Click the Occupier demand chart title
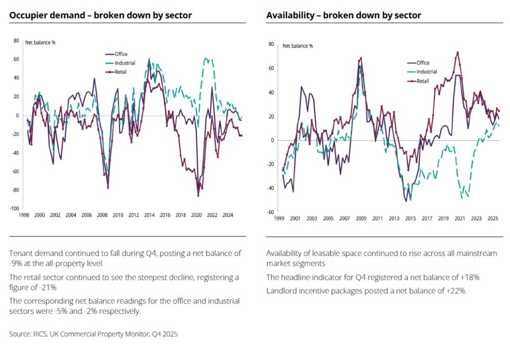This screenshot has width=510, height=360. tap(100, 15)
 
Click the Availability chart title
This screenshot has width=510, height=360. tap(344, 15)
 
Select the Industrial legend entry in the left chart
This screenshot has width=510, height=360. tap(125, 63)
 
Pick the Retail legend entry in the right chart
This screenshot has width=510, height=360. tap(422, 81)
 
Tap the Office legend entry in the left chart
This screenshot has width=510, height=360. tap(121, 54)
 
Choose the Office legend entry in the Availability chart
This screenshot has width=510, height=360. tap(423, 63)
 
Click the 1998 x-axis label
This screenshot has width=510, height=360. tap(24, 216)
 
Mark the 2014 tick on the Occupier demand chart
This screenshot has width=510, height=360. tap(149, 216)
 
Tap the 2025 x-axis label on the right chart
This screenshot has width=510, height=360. tap(493, 219)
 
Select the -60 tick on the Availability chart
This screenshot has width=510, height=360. tap(271, 212)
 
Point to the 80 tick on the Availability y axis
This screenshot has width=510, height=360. tap(272, 44)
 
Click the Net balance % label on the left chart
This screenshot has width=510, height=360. tap(40, 43)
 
